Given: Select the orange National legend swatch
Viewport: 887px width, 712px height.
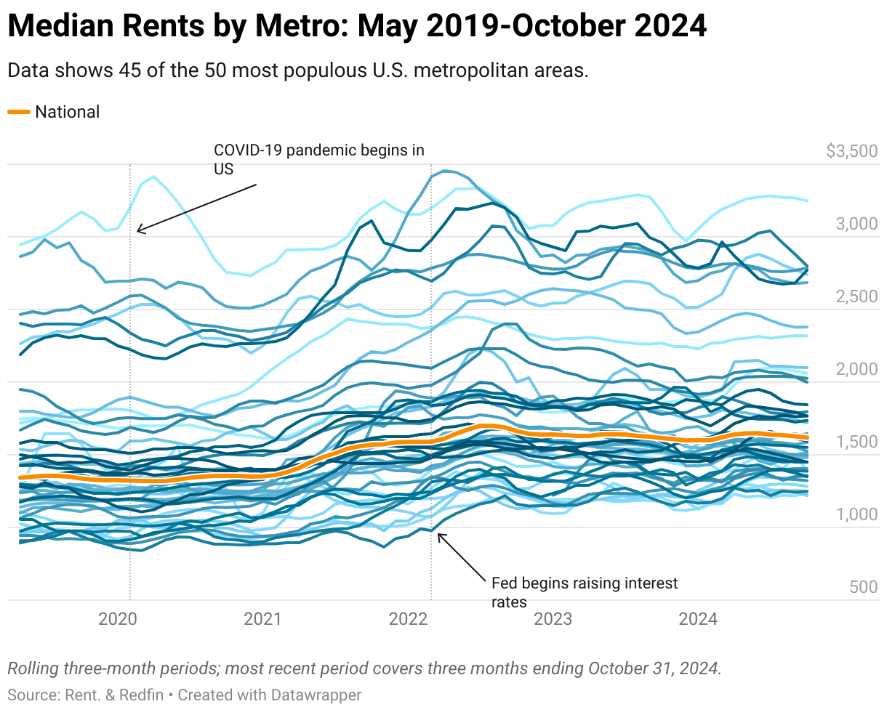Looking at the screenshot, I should pos(19,112).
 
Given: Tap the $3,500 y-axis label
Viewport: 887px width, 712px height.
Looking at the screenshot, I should pos(851,151).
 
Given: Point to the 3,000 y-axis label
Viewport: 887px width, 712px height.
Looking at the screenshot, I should pos(856,224).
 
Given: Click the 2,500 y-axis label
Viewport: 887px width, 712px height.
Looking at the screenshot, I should pos(856,296).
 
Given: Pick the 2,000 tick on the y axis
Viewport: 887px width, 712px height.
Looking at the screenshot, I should pos(856,369).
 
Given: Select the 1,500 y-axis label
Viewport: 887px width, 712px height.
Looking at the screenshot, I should pos(856,442).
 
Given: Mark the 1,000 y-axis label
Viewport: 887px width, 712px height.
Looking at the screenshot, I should pos(856,514).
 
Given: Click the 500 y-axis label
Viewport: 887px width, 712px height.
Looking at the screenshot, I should pos(863,587).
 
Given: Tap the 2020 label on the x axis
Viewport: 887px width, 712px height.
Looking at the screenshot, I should pos(118,619).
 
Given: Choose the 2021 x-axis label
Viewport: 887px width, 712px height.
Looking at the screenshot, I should pos(262,619).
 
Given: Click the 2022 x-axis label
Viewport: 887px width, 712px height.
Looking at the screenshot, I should pos(408,619).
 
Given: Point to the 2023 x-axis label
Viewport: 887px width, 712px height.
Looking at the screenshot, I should pos(553,619).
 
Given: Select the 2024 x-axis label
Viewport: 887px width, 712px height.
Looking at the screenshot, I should pos(697,619).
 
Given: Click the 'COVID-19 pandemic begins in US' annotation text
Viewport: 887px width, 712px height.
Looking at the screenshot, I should pos(318,159).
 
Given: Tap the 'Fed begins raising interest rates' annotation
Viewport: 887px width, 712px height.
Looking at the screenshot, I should pos(584,592).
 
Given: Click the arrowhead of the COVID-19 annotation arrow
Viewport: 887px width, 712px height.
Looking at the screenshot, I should pos(138,232).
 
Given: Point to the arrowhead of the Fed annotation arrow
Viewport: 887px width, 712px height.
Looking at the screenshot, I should pos(438,535).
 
